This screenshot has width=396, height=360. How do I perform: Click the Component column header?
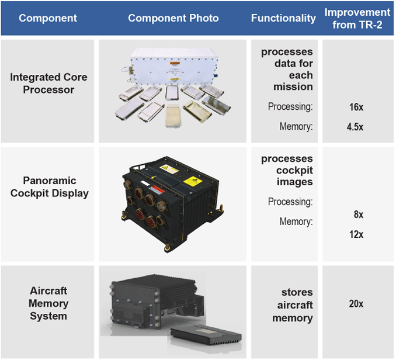[48, 18]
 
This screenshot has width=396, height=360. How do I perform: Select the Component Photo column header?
[173, 18]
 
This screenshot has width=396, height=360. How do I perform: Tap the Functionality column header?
[283, 18]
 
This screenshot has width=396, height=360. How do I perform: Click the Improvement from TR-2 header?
[357, 18]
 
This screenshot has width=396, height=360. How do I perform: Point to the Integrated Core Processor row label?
[48, 83]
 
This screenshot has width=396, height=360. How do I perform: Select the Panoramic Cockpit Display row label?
[50, 187]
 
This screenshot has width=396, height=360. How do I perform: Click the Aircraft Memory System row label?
[49, 303]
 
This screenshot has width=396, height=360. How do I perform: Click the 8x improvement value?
[358, 214]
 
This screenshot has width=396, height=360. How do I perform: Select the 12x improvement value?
[356, 234]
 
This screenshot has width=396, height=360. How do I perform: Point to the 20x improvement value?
[356, 304]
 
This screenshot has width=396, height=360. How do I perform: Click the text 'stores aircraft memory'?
[293, 305]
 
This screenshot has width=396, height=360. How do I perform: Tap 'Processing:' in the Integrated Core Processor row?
[290, 106]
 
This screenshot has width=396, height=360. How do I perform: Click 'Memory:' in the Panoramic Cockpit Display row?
[296, 221]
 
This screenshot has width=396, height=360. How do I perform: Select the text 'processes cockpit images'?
[287, 170]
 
